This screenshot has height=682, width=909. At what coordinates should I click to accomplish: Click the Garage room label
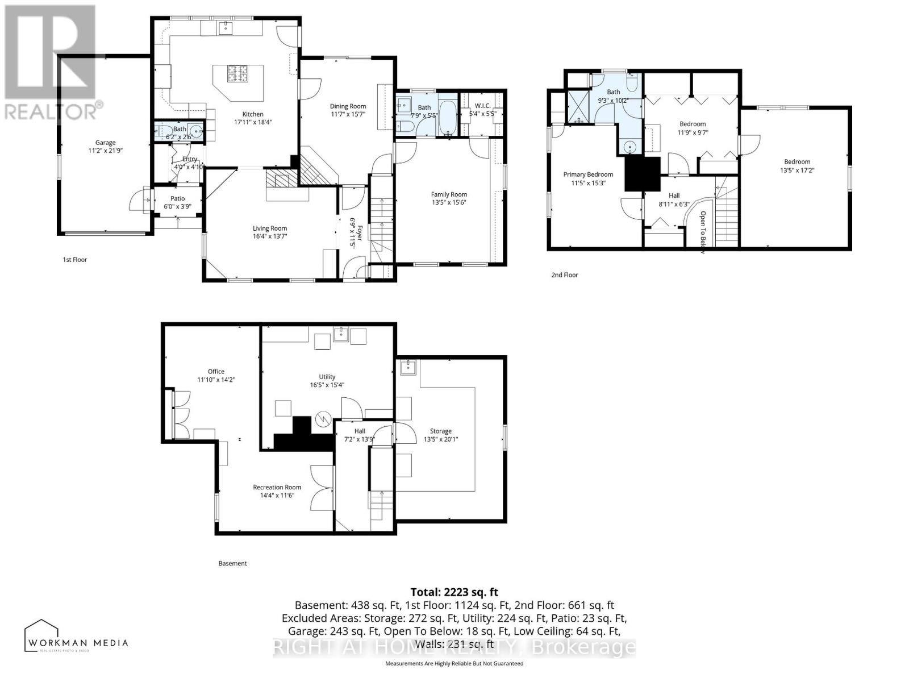pos(105,143)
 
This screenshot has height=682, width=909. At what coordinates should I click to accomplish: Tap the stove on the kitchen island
pos(238,73)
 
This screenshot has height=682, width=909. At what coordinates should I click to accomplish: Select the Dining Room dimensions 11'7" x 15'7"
pos(348,114)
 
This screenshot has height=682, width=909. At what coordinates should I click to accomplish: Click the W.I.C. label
pos(482,105)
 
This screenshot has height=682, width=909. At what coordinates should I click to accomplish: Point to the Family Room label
pos(449,194)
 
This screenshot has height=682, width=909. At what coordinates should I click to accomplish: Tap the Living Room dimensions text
pos(270,236)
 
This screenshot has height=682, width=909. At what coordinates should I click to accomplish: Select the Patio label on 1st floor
pos(177,199)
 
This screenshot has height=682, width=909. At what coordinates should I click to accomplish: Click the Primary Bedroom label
pos(588,174)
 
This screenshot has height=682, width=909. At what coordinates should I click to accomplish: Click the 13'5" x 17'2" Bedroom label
pos(797,162)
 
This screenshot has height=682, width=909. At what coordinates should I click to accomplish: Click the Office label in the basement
pos(216,372)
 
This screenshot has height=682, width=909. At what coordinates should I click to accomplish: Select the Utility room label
pos(327,377)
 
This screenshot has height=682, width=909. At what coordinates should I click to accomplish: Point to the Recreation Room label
pos(277,487)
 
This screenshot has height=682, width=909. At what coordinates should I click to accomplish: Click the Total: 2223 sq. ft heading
pos(454,592)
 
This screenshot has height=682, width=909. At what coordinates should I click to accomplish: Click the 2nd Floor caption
pos(564,275)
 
